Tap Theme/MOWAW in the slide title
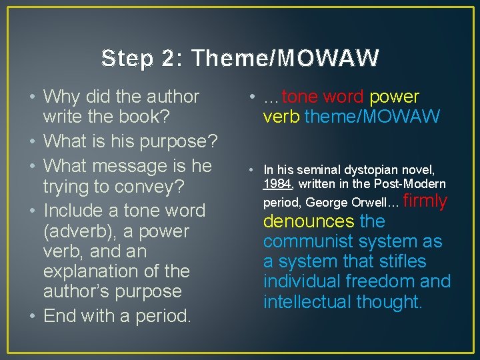click(285, 59)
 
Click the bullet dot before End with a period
click(32, 315)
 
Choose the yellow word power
click(394, 97)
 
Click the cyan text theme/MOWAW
click(372, 117)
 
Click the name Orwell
click(369, 201)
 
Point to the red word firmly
click(425, 201)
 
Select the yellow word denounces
click(309, 221)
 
